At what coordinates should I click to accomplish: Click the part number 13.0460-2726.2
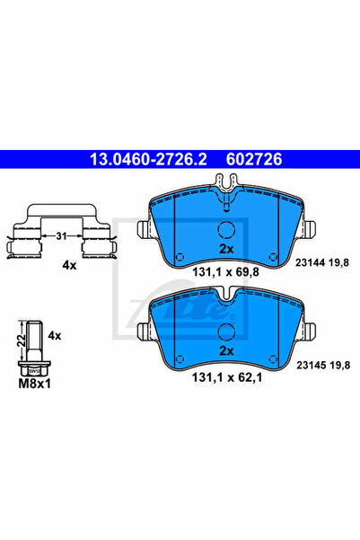click(x=148, y=159)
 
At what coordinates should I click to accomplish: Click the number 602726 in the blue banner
click(x=254, y=159)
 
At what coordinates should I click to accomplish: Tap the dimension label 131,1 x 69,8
click(x=225, y=272)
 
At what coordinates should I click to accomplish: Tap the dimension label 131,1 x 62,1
click(x=227, y=377)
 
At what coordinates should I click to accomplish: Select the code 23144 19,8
click(x=322, y=262)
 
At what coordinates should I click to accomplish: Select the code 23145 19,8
click(x=323, y=365)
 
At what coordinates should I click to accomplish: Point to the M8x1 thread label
click(x=34, y=384)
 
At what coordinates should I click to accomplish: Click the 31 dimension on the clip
click(x=61, y=236)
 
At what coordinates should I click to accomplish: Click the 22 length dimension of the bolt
click(x=22, y=341)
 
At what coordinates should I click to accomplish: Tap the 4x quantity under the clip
click(x=69, y=265)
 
